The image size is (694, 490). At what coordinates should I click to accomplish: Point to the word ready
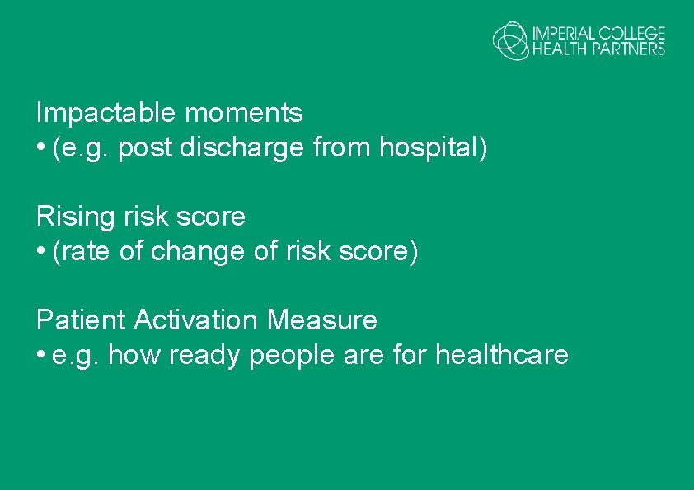click(x=204, y=356)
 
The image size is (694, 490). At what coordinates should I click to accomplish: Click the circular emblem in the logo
click(x=510, y=40)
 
